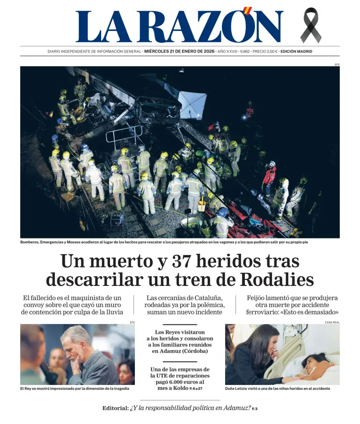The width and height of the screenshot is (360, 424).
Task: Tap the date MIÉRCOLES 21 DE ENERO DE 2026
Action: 179,52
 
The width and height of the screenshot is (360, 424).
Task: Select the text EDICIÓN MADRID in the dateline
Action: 296,52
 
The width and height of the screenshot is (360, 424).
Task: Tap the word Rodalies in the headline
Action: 277,280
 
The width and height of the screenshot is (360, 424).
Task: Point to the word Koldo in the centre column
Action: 179,388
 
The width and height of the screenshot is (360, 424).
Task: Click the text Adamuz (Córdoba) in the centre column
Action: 180,351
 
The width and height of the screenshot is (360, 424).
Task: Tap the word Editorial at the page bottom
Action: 115,408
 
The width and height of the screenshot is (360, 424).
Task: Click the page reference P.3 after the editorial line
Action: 254,409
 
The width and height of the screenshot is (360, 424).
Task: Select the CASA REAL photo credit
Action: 332,322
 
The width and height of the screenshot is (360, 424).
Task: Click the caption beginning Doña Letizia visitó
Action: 277,388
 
